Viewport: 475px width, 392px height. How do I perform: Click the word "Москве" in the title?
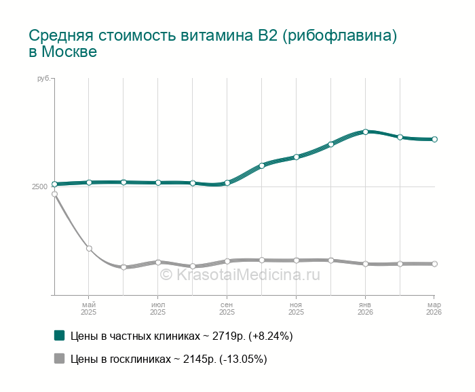[x=69, y=52]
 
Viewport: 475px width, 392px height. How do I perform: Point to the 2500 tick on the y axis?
[x=39, y=187]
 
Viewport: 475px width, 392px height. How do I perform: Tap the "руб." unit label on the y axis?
[x=43, y=79]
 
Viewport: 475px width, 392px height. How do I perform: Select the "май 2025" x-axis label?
[x=89, y=309]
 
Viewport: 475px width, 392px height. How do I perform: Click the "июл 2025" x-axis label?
[x=157, y=309]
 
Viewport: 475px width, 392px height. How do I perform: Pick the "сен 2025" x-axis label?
[x=227, y=309]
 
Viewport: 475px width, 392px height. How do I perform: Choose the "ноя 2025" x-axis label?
[x=296, y=309]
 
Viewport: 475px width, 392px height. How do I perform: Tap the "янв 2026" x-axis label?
[x=365, y=309]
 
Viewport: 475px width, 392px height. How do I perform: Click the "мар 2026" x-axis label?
[x=434, y=309]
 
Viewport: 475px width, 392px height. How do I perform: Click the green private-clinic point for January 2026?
[x=365, y=132]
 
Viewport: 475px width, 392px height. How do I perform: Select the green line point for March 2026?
[x=434, y=139]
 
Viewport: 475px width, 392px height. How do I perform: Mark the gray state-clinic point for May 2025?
[x=89, y=248]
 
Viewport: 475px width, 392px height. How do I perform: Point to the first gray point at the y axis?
[x=54, y=194]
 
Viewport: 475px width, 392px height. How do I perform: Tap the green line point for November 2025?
[x=297, y=157]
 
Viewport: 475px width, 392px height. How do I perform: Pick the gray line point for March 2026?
[x=434, y=264]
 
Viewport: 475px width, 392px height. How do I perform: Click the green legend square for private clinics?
[x=59, y=335]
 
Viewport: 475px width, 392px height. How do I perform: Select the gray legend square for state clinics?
[x=59, y=359]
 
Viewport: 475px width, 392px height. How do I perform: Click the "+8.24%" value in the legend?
[x=271, y=336]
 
